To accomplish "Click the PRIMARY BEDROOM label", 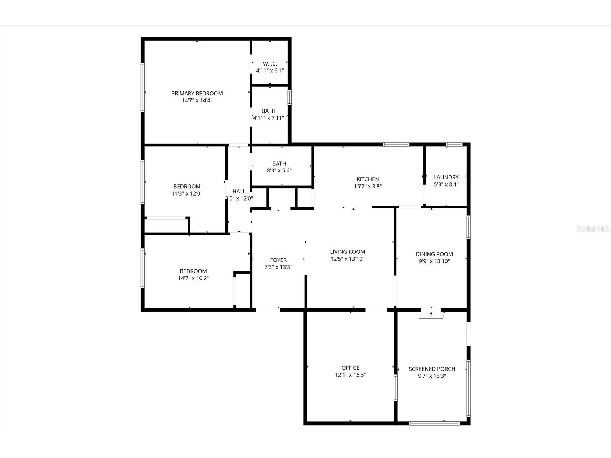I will [197, 93].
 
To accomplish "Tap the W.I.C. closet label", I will [270, 64].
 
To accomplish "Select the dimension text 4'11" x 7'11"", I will [269, 118].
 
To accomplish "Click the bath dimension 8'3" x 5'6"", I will [279, 170].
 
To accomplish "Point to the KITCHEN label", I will [368, 179].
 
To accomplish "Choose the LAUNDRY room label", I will [446, 177].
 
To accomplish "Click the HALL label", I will [239, 191].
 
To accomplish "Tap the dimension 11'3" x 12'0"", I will [187, 193].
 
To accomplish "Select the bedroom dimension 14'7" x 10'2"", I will [193, 278].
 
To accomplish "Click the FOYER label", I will [278, 260].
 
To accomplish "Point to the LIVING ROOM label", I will [347, 252].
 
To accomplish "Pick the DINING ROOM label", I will [434, 254].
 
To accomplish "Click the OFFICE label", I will [350, 368].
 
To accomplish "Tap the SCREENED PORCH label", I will [432, 369].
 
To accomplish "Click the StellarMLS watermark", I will [593, 229].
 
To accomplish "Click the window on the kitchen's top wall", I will [396, 144].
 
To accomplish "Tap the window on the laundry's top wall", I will [454, 144].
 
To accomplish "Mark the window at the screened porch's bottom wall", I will [435, 423].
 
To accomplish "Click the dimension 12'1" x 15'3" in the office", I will [350, 375].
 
